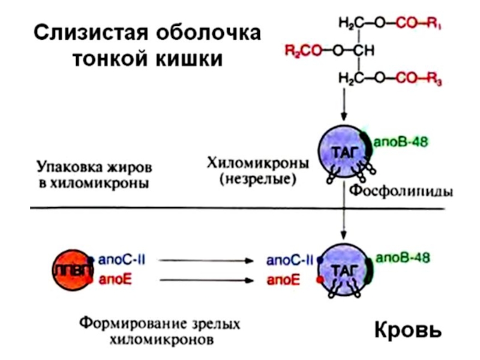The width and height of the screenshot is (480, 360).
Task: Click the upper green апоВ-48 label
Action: (x=401, y=142)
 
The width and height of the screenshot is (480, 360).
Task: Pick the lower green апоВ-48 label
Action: (x=403, y=259)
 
